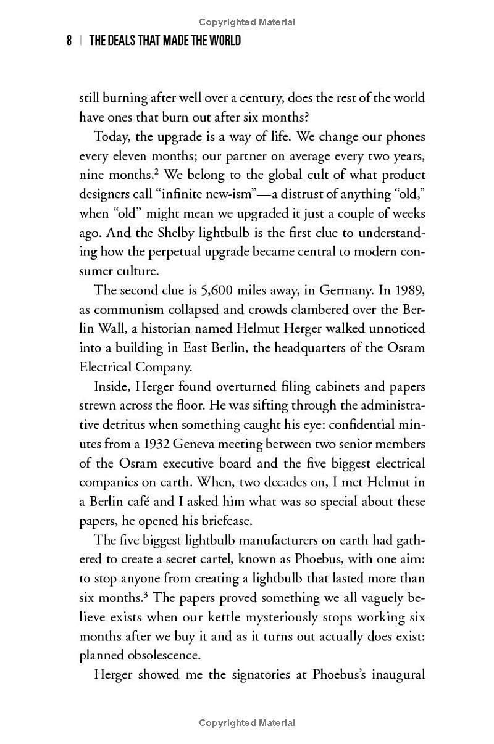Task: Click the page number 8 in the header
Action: coord(70,41)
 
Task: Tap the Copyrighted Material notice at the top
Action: coord(247,22)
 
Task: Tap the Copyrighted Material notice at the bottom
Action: coord(247,723)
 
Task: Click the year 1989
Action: coord(410,291)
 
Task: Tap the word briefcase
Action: coord(225,521)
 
